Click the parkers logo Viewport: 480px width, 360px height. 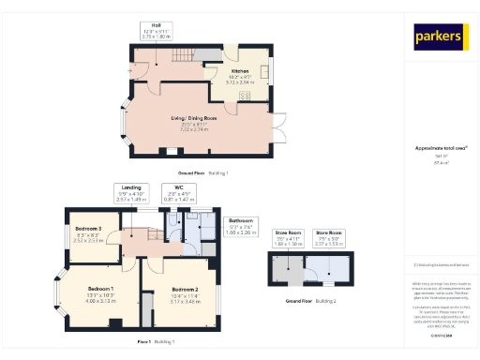point(439,37)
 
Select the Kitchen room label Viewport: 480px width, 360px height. point(239,76)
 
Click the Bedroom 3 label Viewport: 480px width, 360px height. point(88,231)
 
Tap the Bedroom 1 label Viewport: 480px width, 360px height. point(100,291)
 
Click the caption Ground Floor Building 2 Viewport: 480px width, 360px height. point(309,299)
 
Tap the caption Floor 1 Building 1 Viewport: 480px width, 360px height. point(155,341)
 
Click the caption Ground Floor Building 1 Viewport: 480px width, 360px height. point(203,173)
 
